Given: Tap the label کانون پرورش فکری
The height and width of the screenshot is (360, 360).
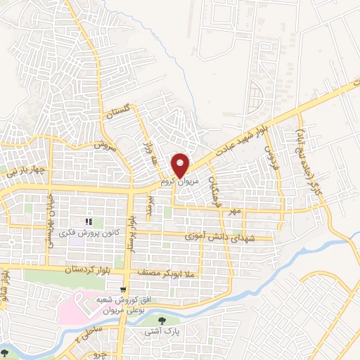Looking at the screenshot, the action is [77, 232].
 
